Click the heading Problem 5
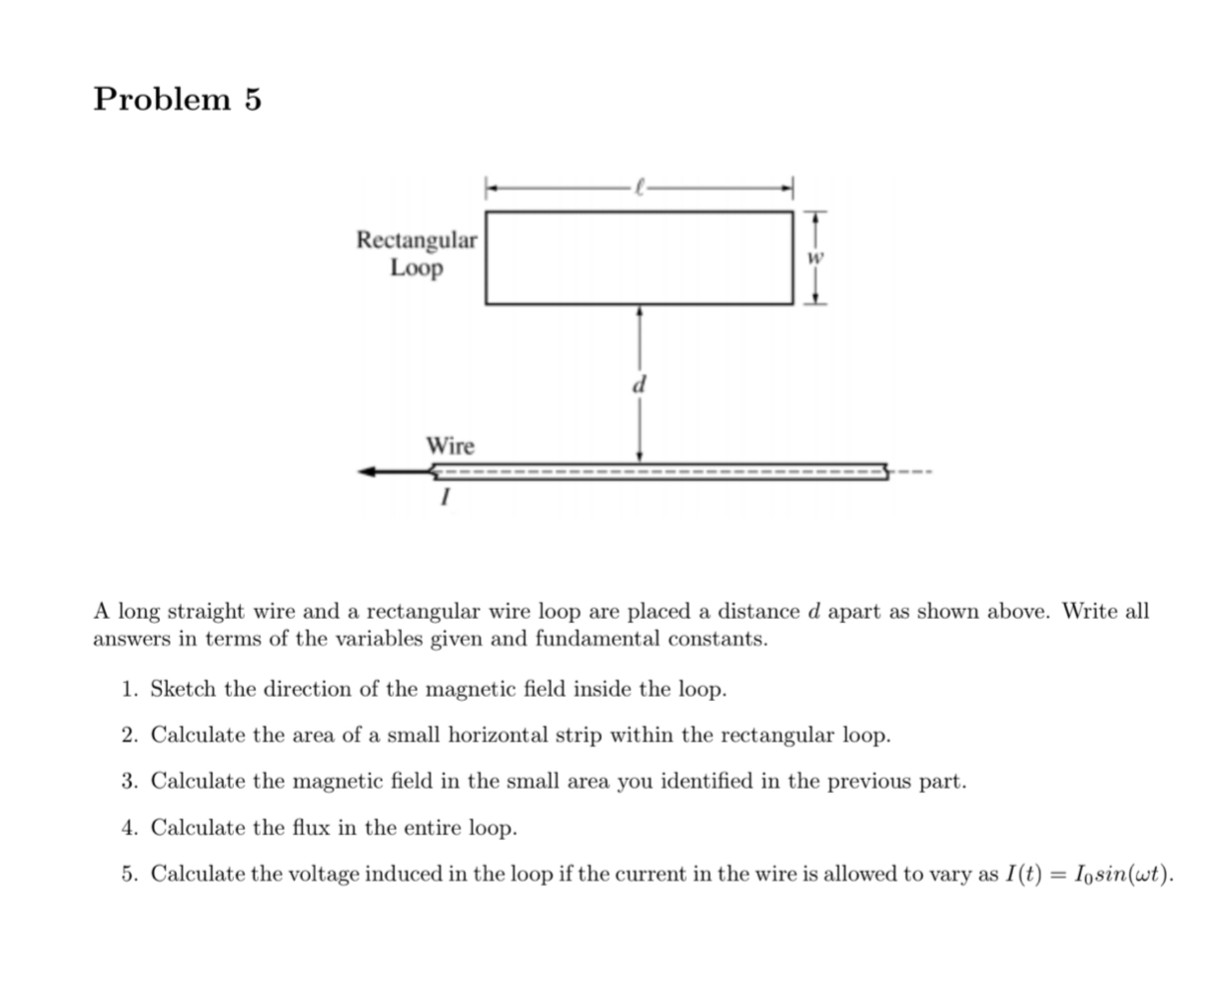(x=178, y=100)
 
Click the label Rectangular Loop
(x=417, y=254)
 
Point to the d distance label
(x=639, y=384)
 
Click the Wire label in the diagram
(x=450, y=446)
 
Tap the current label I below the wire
(x=444, y=499)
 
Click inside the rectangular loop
(x=639, y=258)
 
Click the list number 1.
(x=128, y=689)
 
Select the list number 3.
(x=128, y=782)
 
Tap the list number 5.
(x=128, y=875)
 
